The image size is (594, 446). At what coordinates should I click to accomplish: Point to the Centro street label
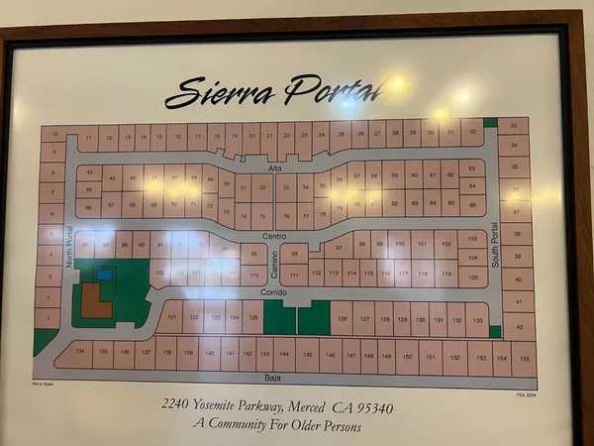click(x=274, y=236)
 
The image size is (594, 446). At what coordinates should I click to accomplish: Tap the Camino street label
click(x=274, y=266)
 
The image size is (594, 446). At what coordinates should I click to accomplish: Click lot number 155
click(x=526, y=358)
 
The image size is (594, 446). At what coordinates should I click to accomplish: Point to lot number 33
click(x=513, y=126)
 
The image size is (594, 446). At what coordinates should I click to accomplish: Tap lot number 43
click(x=90, y=171)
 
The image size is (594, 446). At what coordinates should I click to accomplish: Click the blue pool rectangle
click(x=104, y=274)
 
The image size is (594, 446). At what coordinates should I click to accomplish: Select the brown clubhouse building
click(x=95, y=301)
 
